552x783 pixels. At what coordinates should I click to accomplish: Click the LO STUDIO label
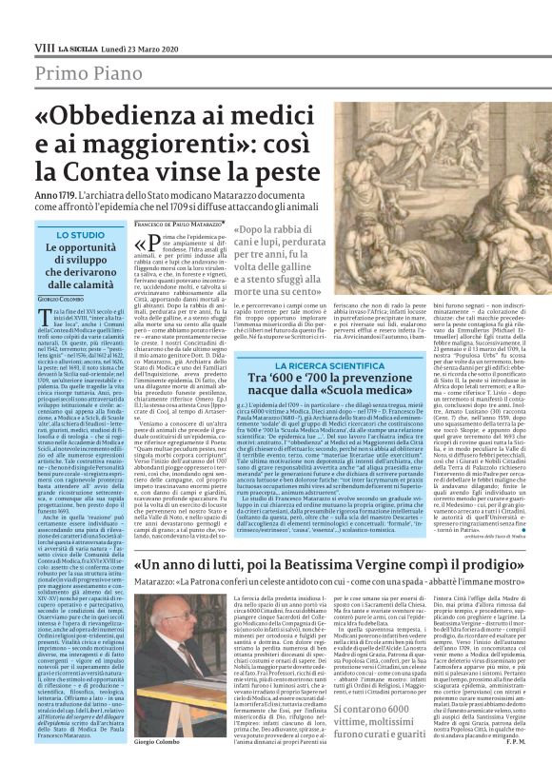(x=81, y=234)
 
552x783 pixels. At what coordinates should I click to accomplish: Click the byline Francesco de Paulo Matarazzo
(x=178, y=224)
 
